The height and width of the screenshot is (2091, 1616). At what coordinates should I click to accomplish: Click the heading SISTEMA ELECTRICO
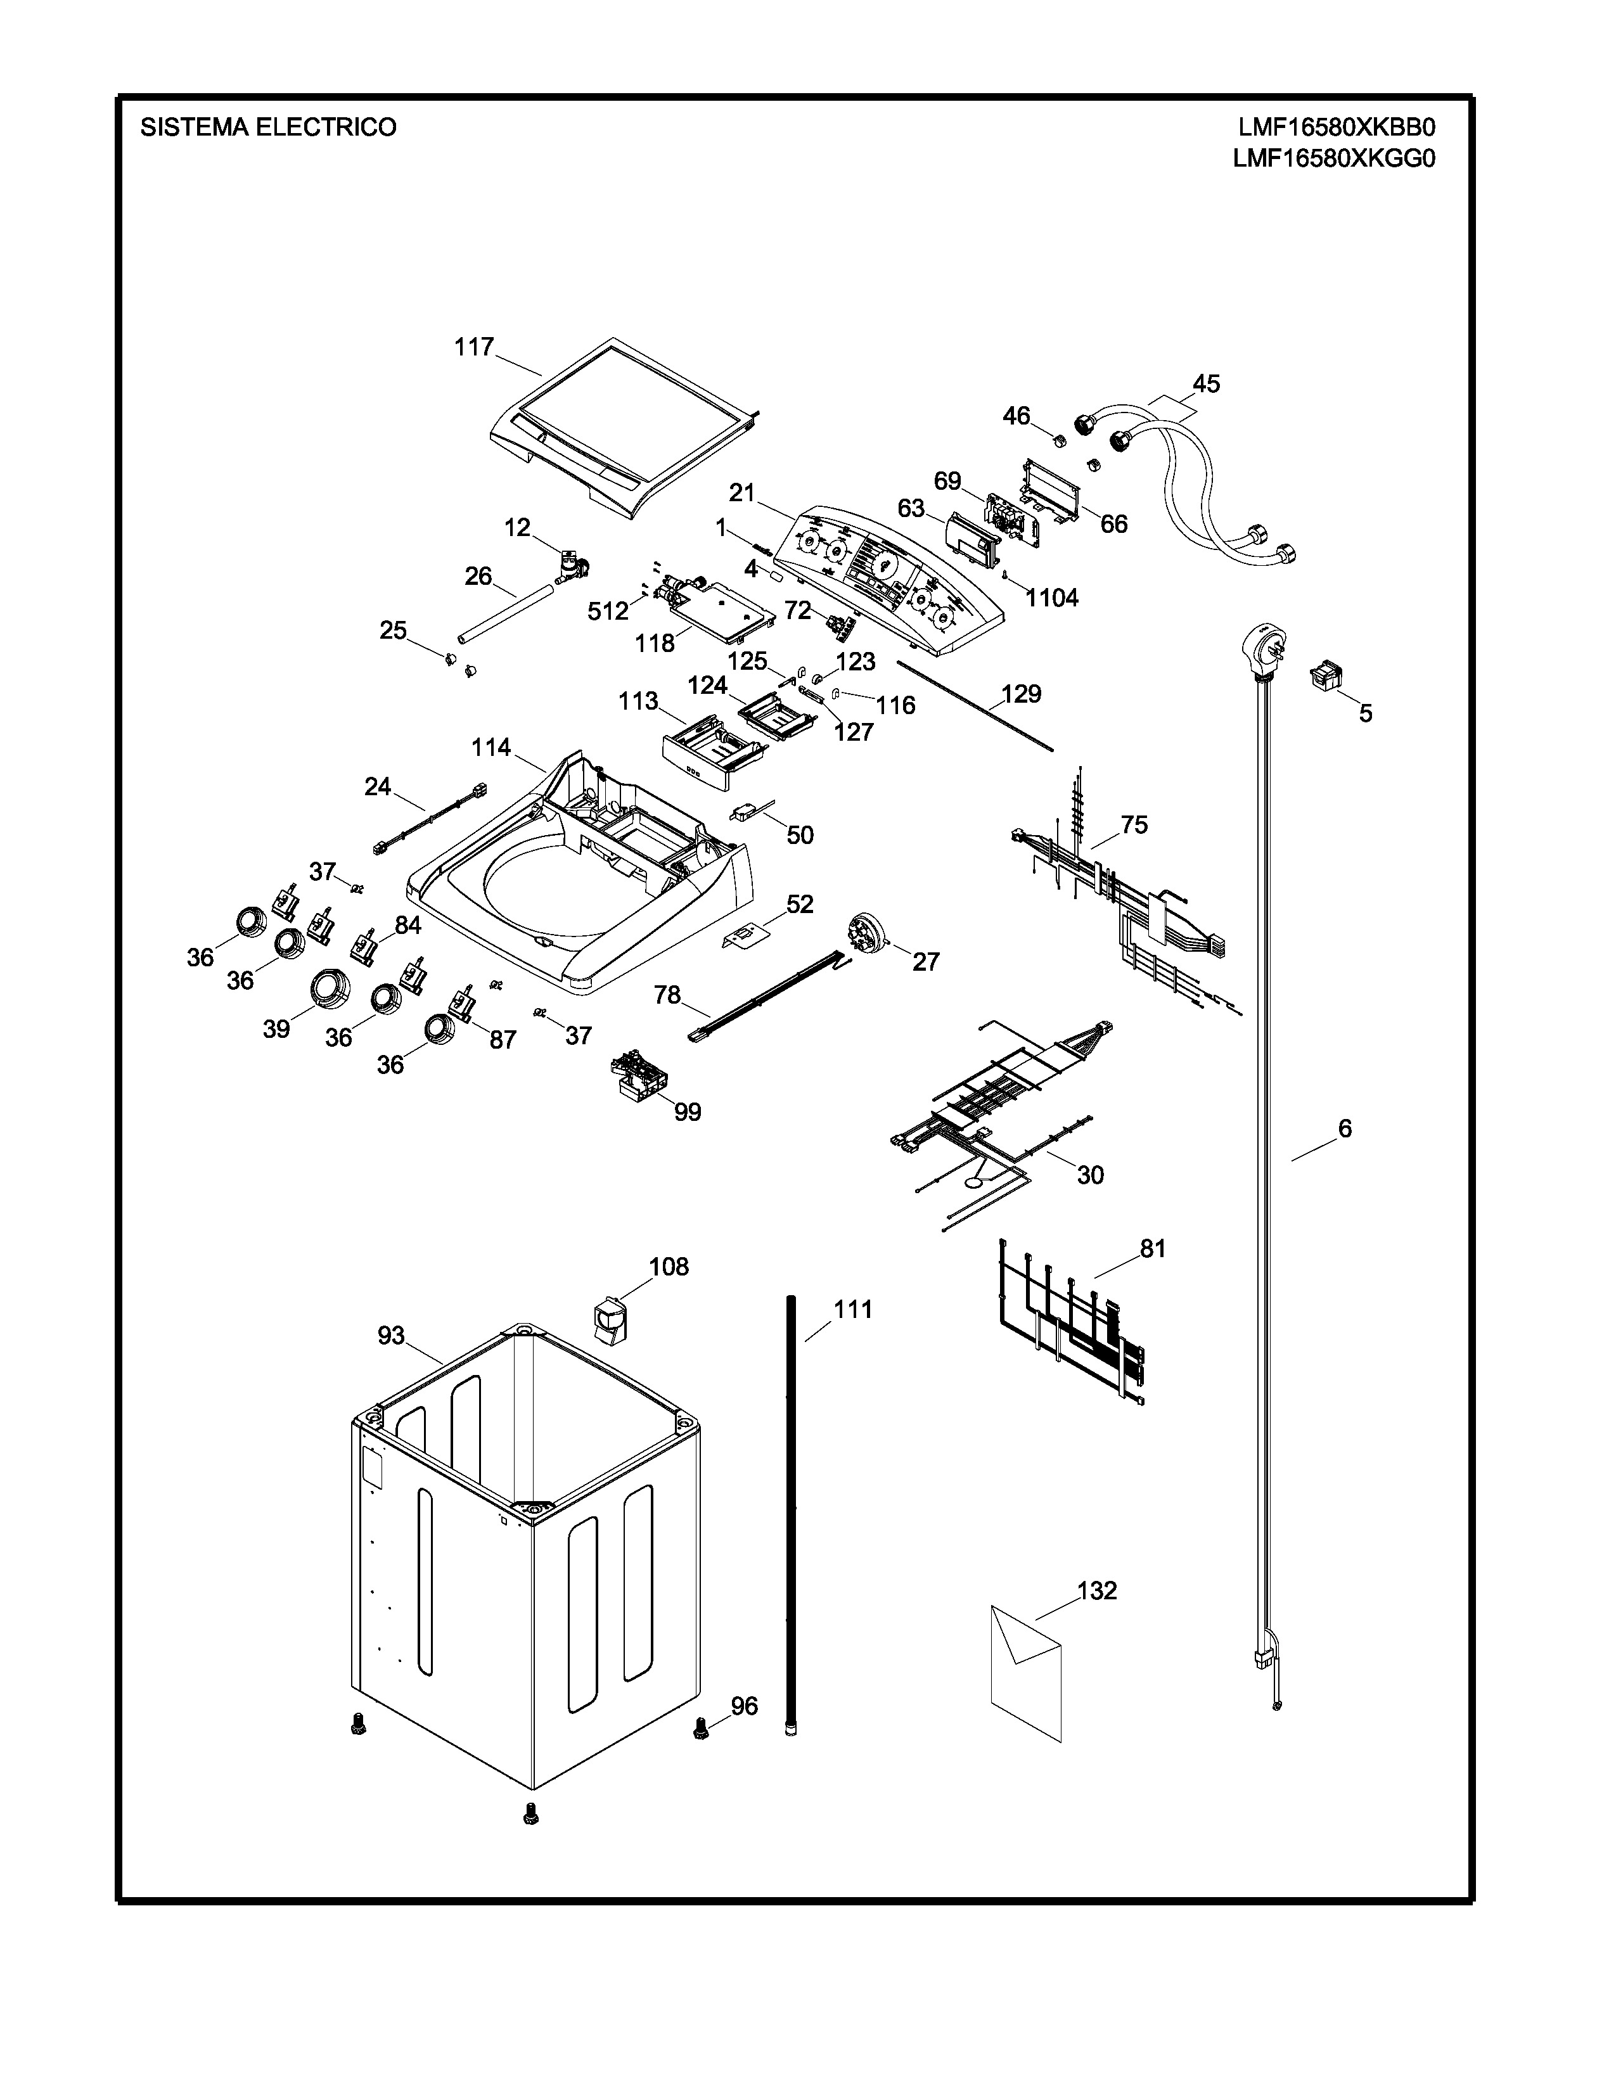268,127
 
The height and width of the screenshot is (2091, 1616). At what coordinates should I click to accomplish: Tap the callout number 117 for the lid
474,347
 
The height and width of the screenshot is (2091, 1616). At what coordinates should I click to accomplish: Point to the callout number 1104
1051,598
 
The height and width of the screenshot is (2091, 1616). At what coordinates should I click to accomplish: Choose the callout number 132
1097,1590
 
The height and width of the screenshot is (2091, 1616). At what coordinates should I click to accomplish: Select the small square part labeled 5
1325,674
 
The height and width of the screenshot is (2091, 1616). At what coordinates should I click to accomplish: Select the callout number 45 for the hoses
1206,384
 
